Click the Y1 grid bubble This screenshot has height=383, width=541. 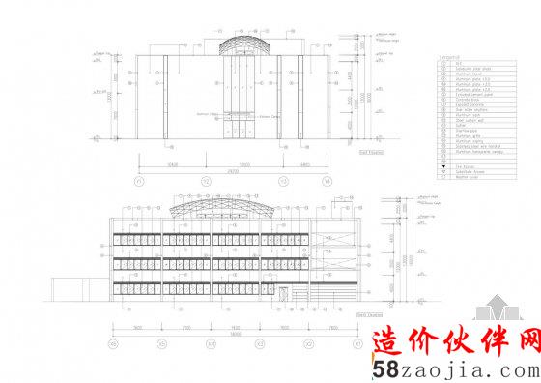click(140, 181)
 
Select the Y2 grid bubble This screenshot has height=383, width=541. click(206, 181)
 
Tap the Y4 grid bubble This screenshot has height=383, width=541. click(327, 181)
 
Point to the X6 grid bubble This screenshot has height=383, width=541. click(112, 343)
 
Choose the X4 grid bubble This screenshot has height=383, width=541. click(211, 343)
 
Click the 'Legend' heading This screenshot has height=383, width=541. click(451, 59)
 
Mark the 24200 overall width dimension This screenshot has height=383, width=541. click(233, 171)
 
